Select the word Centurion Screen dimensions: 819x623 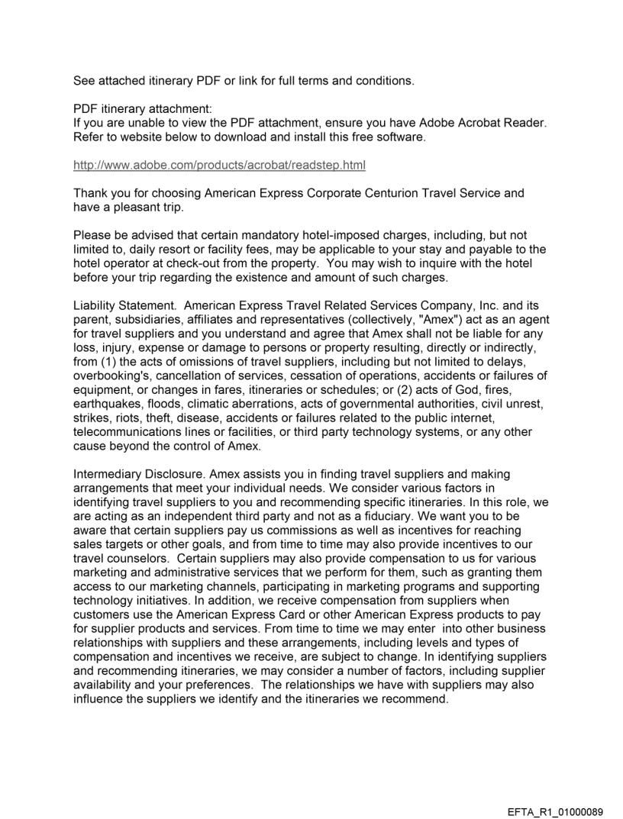click(x=420, y=193)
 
